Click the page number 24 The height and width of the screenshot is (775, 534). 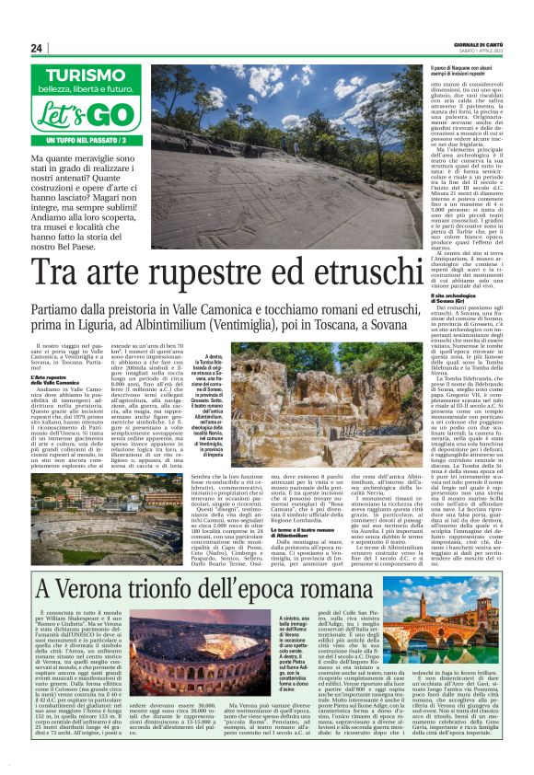36,48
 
